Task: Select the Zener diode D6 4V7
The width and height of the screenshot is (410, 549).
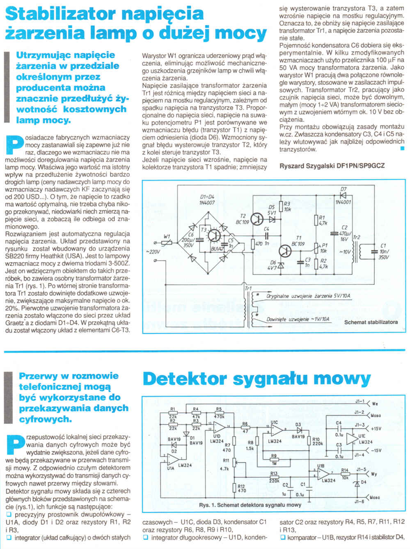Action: click(281, 265)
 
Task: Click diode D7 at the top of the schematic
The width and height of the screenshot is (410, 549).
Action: click(343, 195)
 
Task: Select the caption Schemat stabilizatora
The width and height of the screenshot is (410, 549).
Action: click(371, 322)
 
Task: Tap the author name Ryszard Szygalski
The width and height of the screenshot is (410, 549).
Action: click(307, 166)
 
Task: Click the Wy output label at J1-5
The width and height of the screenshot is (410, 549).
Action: click(373, 474)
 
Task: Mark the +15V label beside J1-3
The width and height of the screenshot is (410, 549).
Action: click(376, 429)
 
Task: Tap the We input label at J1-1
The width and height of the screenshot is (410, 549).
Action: click(375, 404)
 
